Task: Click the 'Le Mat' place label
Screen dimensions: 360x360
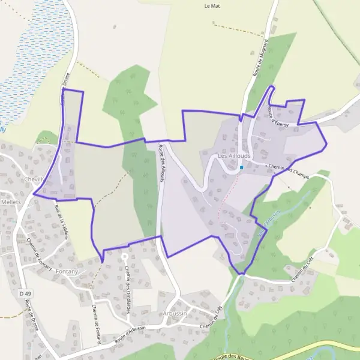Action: [213, 6]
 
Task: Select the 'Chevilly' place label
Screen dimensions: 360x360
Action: [35, 179]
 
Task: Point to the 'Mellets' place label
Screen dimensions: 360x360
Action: [11, 202]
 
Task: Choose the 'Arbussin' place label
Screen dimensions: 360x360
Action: [175, 314]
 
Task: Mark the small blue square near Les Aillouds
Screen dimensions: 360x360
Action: [241, 167]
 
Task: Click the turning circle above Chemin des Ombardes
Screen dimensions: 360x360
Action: [124, 256]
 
